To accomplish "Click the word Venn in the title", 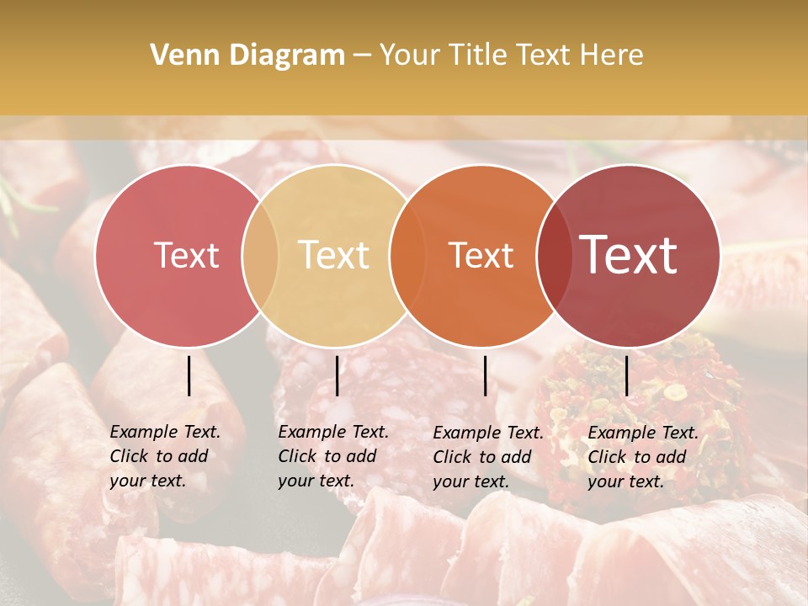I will (178, 56).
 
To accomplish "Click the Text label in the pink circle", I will (186, 256).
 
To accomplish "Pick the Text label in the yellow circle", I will (333, 256).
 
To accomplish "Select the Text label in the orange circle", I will (481, 256).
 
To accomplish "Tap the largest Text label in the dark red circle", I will (628, 255).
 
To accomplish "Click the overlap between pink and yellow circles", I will (260, 256).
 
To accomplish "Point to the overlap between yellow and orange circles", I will (407, 256).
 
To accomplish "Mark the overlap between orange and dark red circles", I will (554, 256).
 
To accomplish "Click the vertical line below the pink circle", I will (189, 375).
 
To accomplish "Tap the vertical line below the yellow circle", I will (337, 375).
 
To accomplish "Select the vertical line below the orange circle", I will (486, 375).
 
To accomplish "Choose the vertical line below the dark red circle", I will (627, 375).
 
